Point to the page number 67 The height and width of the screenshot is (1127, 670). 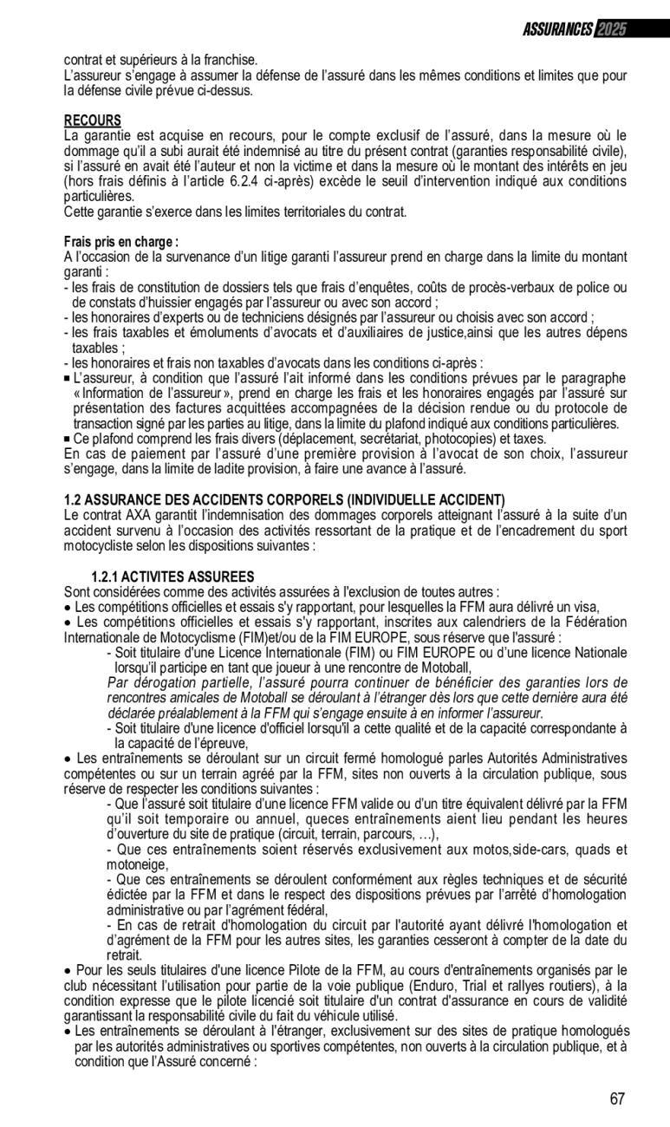point(617,1099)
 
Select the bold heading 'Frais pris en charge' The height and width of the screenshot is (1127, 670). point(121,242)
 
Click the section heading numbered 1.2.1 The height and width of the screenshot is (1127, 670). point(172,577)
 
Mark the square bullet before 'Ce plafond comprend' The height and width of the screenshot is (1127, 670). point(68,440)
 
